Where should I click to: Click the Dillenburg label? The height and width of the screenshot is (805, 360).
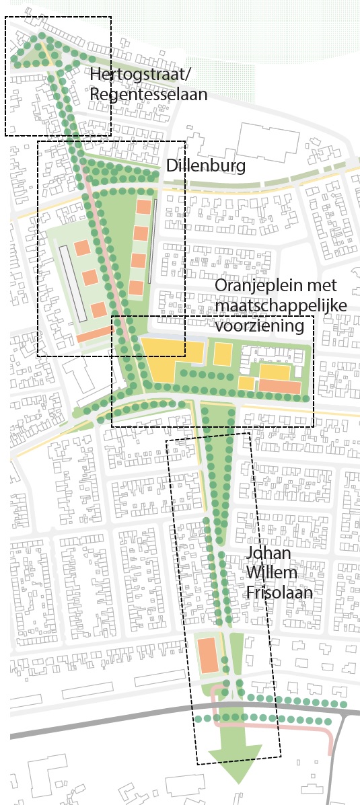[205, 165]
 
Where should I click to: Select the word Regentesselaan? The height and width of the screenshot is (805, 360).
[148, 93]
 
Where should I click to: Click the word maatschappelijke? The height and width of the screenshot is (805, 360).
[281, 306]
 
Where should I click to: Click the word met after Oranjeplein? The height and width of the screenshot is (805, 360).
[326, 286]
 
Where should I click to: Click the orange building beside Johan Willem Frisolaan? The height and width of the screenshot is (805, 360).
[207, 655]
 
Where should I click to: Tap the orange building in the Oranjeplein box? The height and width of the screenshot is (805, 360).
[280, 387]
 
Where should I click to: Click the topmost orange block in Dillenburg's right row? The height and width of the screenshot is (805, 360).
[143, 207]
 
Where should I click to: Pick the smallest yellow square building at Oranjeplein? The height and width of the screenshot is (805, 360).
[246, 383]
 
